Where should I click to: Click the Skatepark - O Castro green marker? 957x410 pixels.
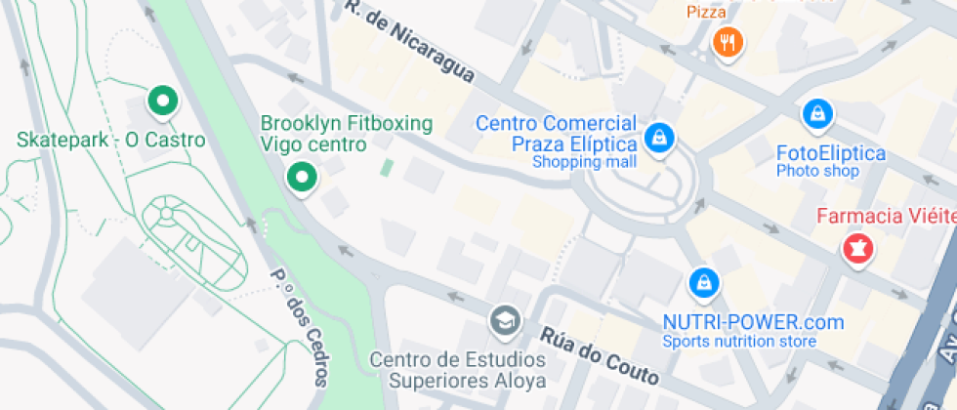[161, 100]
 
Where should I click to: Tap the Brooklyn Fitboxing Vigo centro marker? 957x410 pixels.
[302, 178]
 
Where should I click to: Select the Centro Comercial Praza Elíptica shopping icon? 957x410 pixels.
[661, 136]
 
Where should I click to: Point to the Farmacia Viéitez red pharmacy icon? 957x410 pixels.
[857, 249]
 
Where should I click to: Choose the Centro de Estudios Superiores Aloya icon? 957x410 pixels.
[504, 319]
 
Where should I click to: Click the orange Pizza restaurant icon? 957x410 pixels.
[728, 42]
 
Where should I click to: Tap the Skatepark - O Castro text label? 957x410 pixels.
[111, 140]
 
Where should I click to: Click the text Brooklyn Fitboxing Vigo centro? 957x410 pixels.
[346, 134]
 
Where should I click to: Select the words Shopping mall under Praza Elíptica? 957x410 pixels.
[584, 162]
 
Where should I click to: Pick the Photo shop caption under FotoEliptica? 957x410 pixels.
[817, 171]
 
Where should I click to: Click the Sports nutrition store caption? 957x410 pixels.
[739, 341]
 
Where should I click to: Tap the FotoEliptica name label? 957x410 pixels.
[830, 153]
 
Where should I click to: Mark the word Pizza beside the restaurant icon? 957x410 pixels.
[706, 12]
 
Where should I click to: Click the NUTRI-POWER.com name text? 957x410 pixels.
[752, 322]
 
